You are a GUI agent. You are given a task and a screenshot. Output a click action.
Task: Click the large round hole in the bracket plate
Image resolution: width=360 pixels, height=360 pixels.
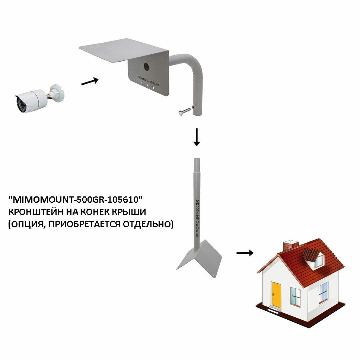coord(146,66)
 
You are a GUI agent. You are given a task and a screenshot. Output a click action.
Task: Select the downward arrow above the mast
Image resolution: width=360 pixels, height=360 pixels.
coord(197,137)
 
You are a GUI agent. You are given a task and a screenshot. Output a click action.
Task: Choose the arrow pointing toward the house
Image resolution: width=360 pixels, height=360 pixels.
coord(245,253)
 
